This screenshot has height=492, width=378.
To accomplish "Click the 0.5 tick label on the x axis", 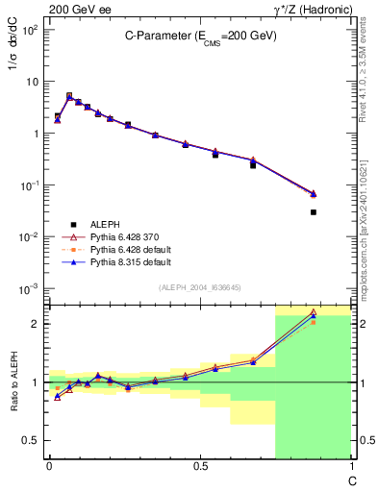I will pyautogui.click(x=199, y=466).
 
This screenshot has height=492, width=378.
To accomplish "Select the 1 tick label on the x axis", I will pyautogui.click(x=350, y=466).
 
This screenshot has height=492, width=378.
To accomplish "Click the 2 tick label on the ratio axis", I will pyautogui.click(x=34, y=324).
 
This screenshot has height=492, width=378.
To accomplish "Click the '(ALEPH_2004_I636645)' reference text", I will pyautogui.click(x=199, y=288).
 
